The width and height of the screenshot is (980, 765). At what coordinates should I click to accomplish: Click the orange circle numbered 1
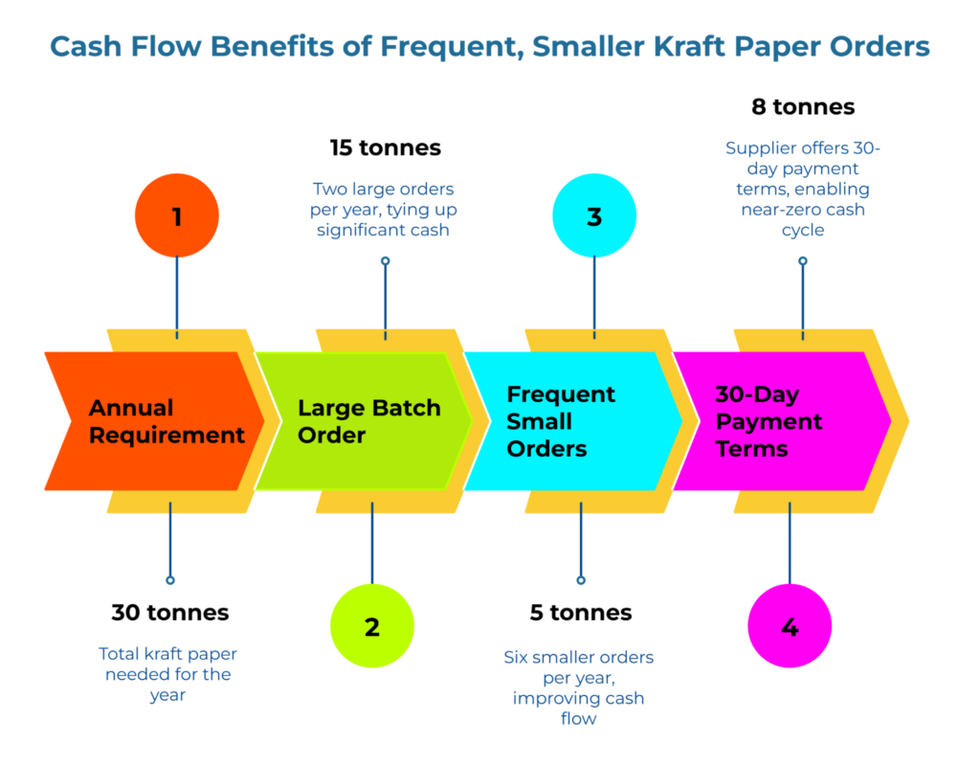point(177,216)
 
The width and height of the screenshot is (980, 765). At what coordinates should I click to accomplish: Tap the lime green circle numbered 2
point(372,626)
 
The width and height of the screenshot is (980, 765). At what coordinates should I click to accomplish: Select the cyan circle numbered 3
point(594,216)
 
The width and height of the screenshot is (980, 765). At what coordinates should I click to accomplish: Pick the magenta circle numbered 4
point(790,626)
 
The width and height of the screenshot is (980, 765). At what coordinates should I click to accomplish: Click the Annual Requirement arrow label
point(167,421)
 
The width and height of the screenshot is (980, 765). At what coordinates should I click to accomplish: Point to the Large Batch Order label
point(368,421)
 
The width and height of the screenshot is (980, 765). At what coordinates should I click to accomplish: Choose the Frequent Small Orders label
point(561,421)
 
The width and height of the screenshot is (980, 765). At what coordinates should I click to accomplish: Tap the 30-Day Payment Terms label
point(768,421)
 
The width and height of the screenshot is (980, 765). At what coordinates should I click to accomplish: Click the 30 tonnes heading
point(169,613)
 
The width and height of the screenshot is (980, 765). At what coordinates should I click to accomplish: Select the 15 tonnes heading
point(385,147)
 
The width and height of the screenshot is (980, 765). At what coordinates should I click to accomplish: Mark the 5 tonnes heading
point(580,613)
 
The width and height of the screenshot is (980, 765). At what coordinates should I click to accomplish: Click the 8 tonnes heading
point(802,106)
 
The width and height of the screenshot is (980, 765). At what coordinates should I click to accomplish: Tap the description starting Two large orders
point(385,209)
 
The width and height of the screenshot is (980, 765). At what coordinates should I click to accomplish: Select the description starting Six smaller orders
point(579,687)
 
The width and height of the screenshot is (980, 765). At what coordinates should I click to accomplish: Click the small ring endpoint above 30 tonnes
point(170,580)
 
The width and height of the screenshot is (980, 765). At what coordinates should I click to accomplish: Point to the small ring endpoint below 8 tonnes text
point(803,260)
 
